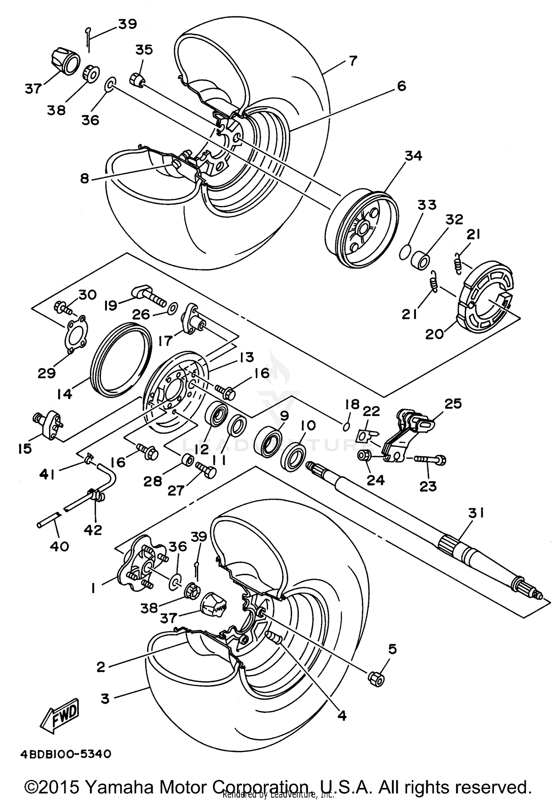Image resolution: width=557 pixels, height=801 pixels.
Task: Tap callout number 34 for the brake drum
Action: point(414,156)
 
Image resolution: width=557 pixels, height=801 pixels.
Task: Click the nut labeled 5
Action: point(376,678)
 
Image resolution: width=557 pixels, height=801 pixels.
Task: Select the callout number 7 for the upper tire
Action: point(352,60)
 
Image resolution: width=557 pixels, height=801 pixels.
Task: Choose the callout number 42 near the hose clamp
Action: point(93,530)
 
